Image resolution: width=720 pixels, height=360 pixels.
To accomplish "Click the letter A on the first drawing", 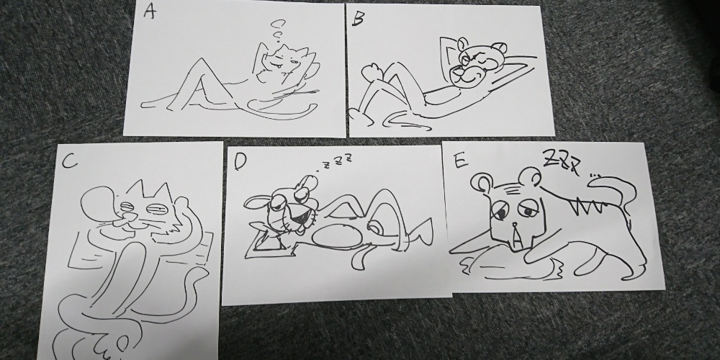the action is coord(149,11).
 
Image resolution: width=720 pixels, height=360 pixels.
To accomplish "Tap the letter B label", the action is coord(359,18).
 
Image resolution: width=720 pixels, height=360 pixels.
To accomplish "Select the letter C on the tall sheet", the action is coord(68,161).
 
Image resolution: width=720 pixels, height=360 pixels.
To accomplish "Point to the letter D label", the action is coord(240,161).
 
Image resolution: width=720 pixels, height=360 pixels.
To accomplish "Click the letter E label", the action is coord(460,161).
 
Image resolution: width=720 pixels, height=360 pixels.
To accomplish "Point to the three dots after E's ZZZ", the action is coord(595,175).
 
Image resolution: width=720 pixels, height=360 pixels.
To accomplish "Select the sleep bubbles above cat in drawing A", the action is coord(277,30).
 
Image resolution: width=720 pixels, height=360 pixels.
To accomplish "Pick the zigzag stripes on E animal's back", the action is coord(583,204).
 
